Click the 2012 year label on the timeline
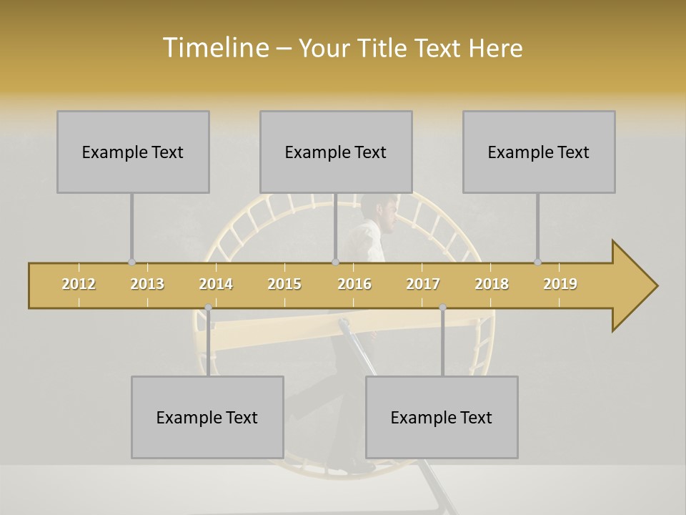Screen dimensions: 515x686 pos(79,284)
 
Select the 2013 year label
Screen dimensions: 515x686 pos(147,284)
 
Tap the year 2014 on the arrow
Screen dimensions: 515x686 pos(216,284)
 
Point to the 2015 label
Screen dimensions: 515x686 pos(284,284)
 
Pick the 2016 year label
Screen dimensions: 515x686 pos(354,284)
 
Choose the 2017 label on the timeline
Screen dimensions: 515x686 pos(423,284)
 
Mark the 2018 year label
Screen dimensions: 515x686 pos(492,284)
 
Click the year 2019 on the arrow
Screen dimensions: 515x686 pos(560,284)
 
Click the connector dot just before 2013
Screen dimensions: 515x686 pos(131,262)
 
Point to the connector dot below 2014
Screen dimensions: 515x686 pos(208,308)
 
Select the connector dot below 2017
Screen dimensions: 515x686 pos(442,308)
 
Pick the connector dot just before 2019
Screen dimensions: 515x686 pos(537,262)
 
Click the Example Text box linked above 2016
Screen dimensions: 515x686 pos(336,152)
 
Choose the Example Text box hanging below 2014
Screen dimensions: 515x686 pos(207,417)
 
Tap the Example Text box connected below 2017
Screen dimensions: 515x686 pos(442,417)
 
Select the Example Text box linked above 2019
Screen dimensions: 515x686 pos(539,152)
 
